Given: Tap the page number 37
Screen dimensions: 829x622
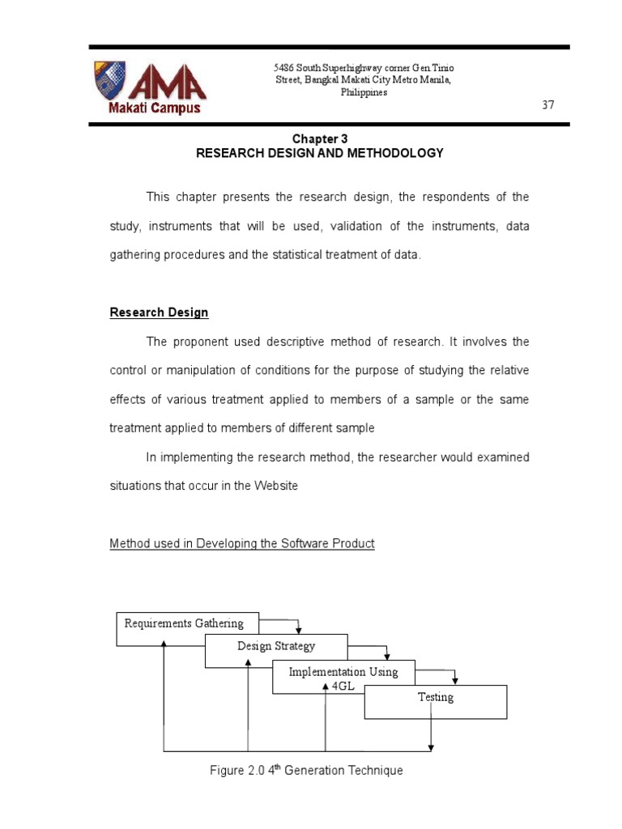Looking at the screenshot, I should (x=547, y=106).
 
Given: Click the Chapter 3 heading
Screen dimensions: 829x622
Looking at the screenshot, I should (x=320, y=139).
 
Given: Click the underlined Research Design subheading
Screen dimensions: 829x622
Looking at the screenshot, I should (x=160, y=312).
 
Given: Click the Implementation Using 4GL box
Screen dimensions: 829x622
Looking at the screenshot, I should (x=343, y=677).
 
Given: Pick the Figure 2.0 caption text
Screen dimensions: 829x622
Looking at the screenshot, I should (x=306, y=771).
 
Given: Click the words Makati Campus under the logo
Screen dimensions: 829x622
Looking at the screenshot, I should (x=151, y=108).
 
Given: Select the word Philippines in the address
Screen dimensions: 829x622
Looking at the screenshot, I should (x=364, y=92).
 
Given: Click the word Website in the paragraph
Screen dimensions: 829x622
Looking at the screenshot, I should (x=276, y=486).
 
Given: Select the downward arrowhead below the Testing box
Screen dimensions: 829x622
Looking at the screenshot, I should (x=431, y=746).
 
